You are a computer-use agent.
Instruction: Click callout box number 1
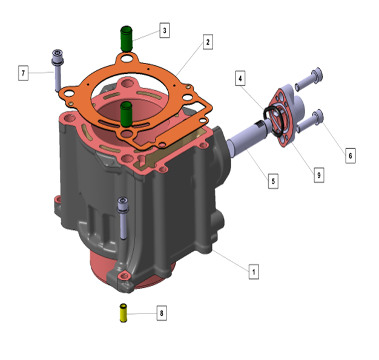point(254,272)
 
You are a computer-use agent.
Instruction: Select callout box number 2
point(208,42)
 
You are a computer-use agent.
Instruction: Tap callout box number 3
point(164,30)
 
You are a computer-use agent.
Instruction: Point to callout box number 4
point(240,78)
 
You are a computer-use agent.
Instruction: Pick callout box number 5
point(273,181)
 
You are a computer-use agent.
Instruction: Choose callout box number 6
point(350,155)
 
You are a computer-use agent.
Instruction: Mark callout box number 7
point(23,73)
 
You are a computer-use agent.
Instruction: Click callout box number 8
point(162,313)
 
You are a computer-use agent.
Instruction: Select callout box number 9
point(319,175)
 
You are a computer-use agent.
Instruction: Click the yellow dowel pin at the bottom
point(124,313)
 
